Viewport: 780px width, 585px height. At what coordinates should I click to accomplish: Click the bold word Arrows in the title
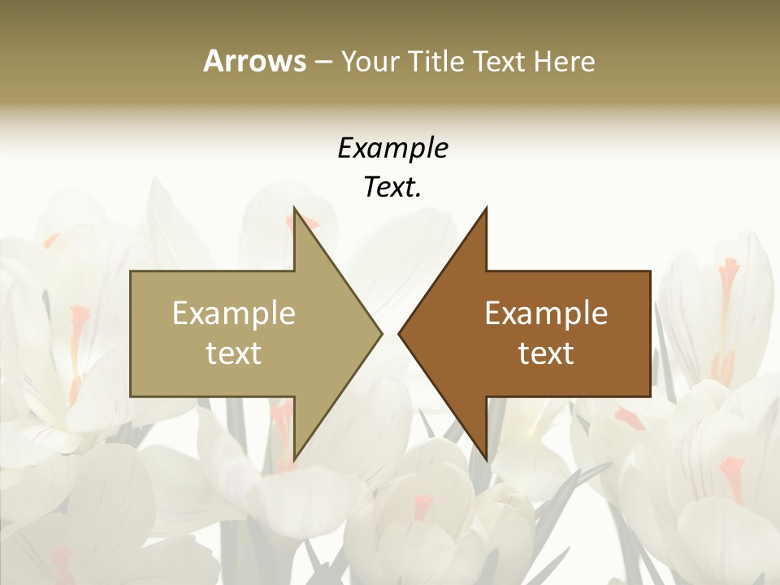coord(254,61)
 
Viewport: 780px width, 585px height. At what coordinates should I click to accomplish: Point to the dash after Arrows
coord(323,62)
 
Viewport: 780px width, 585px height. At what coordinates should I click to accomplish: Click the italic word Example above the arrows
coord(392,148)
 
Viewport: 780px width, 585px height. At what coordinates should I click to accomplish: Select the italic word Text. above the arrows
coord(392,188)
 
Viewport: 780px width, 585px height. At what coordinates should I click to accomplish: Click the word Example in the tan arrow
coord(233,314)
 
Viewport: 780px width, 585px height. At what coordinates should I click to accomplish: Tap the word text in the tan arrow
coord(233,353)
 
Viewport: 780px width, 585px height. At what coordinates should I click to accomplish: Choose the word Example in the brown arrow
coord(546,314)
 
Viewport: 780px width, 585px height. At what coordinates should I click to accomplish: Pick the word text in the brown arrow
coord(546,353)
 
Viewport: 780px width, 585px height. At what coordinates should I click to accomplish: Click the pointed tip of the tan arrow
coord(381,334)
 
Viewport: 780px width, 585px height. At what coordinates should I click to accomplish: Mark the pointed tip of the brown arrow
coord(399,334)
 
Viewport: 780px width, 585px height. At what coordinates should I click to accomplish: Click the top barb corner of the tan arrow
coord(294,209)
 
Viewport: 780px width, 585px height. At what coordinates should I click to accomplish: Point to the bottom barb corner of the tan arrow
coord(294,460)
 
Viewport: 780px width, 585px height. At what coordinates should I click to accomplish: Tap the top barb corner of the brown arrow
coord(486,209)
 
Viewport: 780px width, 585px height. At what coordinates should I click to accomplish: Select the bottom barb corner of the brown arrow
coord(486,460)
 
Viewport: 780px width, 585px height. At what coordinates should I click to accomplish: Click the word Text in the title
coord(499,61)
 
